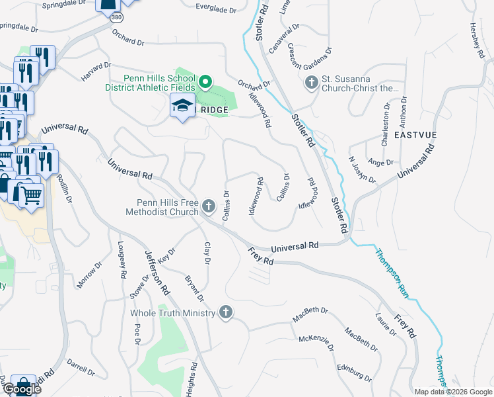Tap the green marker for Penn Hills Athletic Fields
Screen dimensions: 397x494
(205, 83)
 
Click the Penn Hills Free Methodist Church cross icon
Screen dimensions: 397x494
(209, 206)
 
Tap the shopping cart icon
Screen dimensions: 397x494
(31, 194)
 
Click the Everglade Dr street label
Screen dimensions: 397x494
(215, 9)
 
